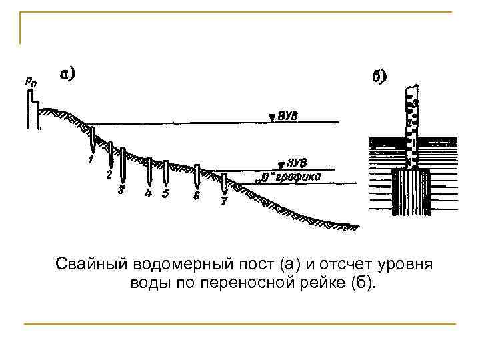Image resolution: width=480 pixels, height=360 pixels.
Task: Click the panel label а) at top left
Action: point(67,75)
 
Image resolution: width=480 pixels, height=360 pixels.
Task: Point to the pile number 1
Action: point(89,160)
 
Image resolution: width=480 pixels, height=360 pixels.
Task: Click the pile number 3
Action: point(121,190)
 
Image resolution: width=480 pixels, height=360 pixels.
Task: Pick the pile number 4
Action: point(149,193)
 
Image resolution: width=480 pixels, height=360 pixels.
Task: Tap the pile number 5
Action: point(165,193)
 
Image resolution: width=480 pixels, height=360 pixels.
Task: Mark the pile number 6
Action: point(196,196)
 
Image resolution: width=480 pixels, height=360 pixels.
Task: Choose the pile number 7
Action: point(224,201)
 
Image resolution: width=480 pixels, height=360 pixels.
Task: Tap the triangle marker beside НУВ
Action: point(279,164)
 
